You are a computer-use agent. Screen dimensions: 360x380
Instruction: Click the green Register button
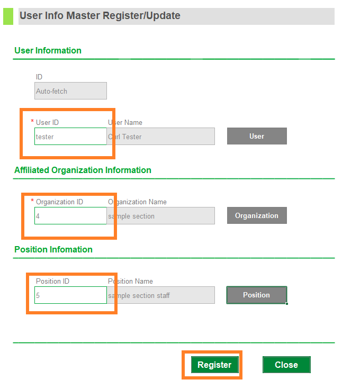coord(214,365)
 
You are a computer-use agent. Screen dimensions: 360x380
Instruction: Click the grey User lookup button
coord(257,136)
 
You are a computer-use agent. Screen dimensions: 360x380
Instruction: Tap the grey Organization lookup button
coord(257,215)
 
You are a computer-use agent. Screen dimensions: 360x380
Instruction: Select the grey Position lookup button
coord(257,295)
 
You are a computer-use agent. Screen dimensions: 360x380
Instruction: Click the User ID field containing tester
coord(70,137)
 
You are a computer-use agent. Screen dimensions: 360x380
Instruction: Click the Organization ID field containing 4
coord(70,216)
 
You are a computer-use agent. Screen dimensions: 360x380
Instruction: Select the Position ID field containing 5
coord(70,295)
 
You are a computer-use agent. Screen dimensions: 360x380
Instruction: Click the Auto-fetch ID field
coord(70,91)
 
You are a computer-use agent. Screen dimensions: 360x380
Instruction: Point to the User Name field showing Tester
coord(161,137)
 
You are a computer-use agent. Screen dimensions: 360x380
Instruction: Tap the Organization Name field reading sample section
coord(161,216)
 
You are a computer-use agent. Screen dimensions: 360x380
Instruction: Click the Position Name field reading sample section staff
coord(161,295)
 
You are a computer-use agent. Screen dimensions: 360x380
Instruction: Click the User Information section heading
coord(48,50)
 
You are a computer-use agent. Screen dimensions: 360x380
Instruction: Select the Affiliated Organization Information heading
coord(83,170)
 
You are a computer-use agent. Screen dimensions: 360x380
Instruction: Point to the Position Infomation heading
coord(53,249)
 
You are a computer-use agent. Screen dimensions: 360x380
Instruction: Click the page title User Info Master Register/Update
coord(100,16)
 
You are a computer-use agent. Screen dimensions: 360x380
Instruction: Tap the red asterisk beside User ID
coord(32,121)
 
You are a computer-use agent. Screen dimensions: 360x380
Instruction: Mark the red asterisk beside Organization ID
coord(32,200)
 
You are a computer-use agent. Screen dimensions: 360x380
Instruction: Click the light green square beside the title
coord(8,16)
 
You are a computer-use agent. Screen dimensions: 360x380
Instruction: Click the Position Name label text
coord(130,281)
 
